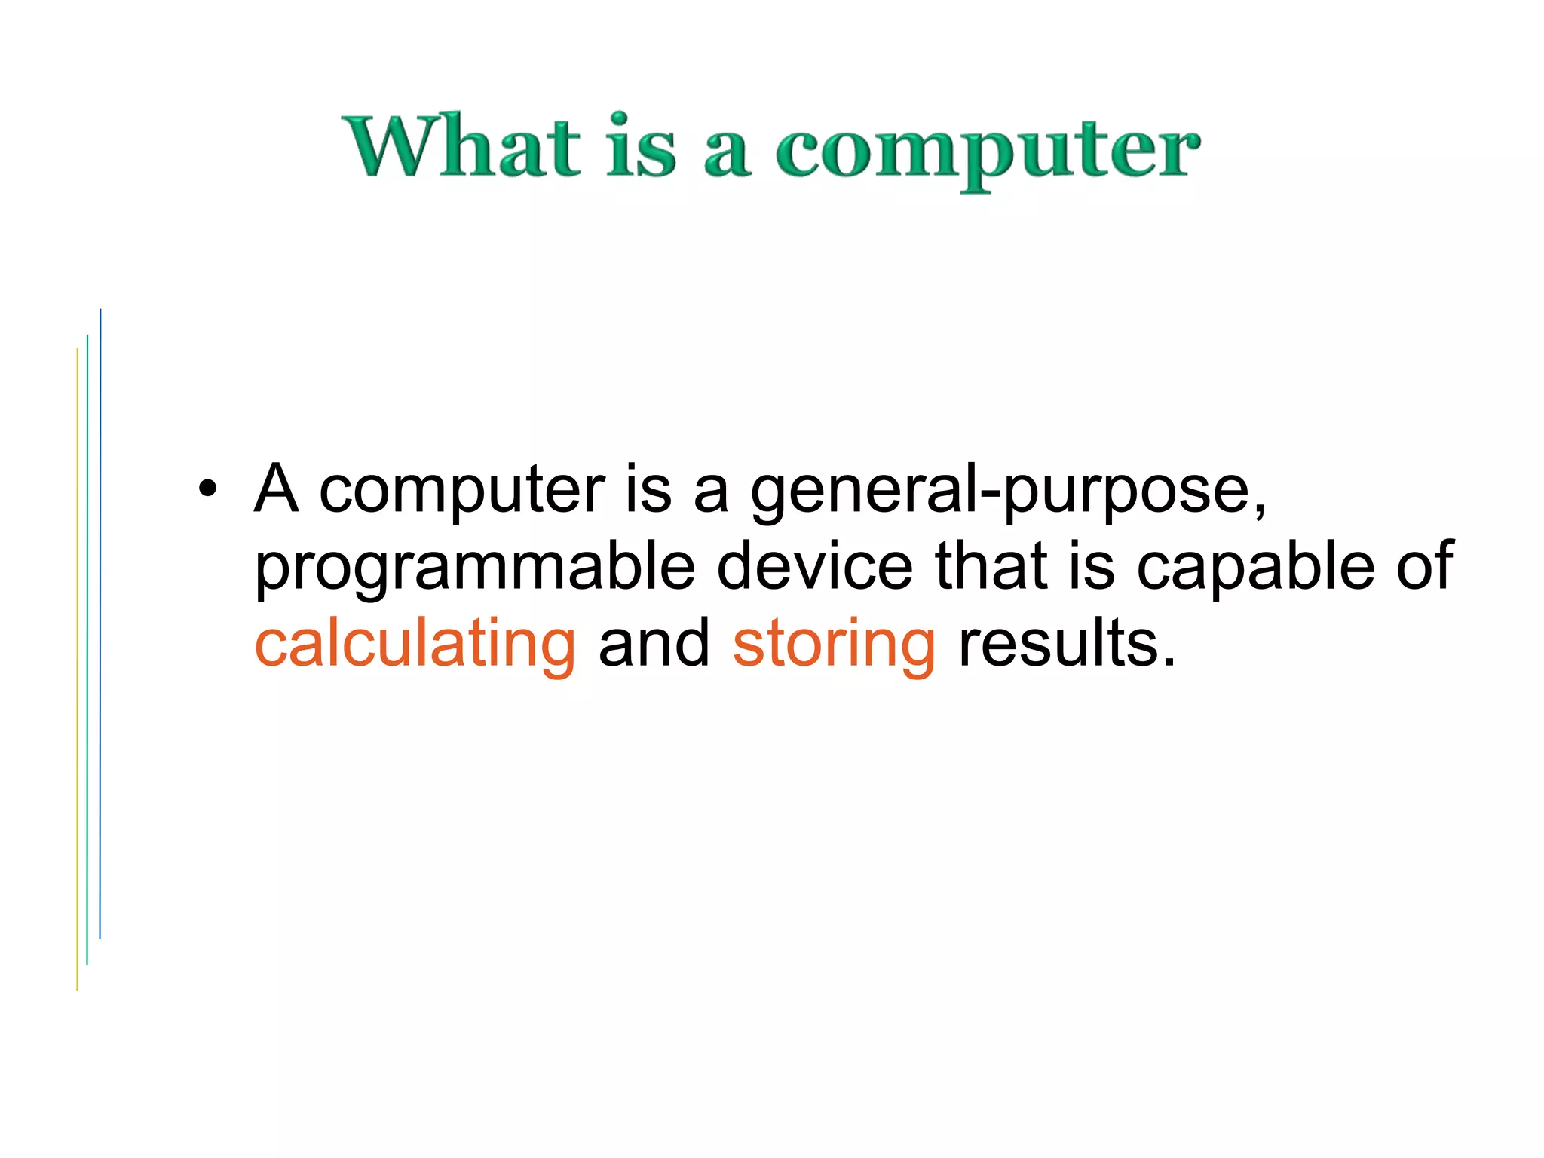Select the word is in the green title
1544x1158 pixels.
click(x=642, y=146)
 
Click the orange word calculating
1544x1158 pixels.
click(x=415, y=645)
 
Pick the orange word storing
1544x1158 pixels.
click(x=834, y=645)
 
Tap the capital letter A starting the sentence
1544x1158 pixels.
click(x=276, y=489)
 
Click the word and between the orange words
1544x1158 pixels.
click(x=654, y=644)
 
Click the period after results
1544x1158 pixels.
click(x=1169, y=663)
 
